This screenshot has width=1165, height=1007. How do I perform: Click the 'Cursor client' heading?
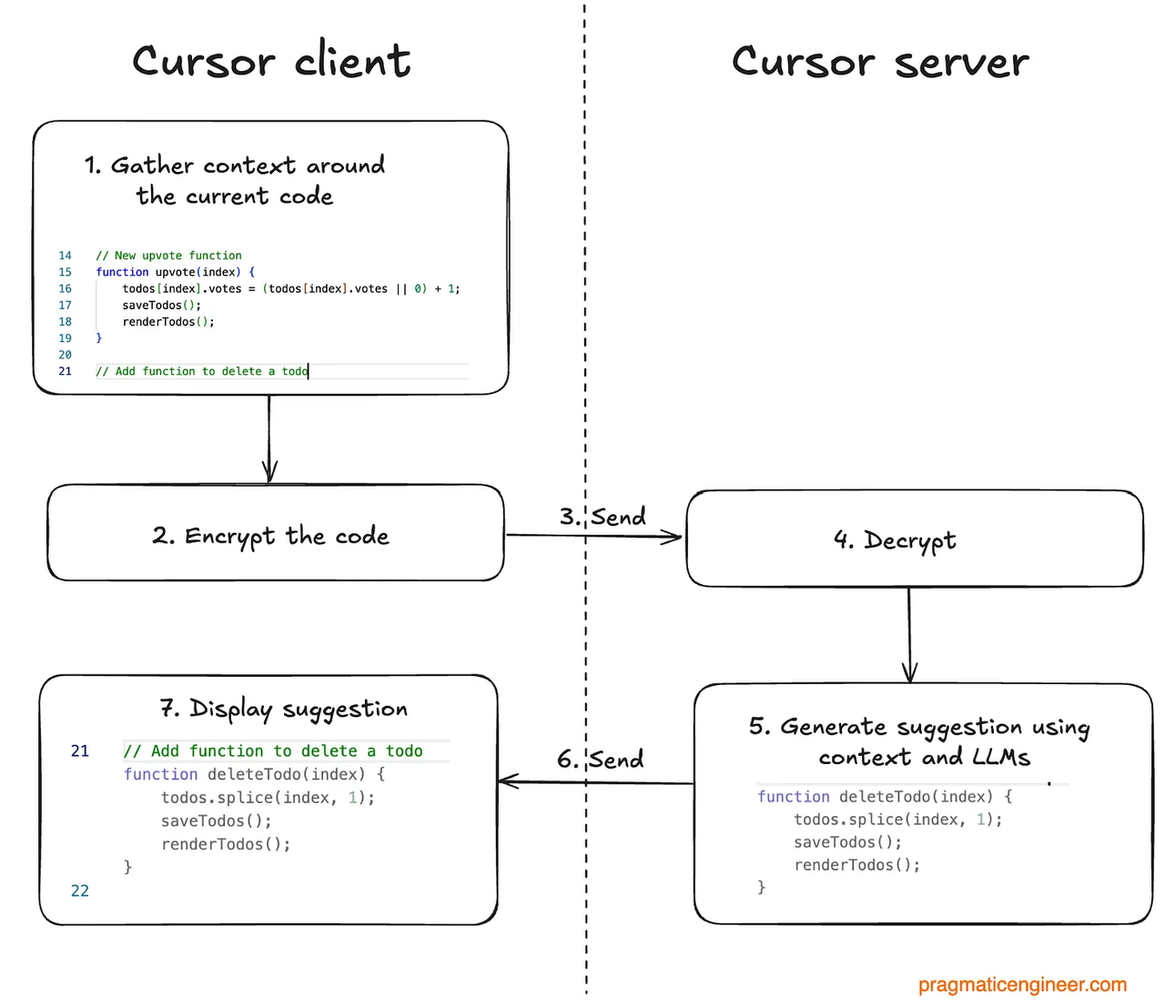(x=271, y=62)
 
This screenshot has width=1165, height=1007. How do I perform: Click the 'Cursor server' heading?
(x=880, y=62)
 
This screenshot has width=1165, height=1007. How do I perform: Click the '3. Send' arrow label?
(x=603, y=517)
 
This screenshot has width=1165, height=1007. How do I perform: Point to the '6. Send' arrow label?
(x=601, y=759)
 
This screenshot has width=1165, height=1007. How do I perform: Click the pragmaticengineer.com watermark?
(x=1022, y=984)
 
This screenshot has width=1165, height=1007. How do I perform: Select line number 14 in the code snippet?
(x=65, y=256)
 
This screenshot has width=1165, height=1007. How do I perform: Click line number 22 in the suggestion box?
(x=80, y=891)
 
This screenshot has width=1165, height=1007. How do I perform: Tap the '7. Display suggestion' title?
(x=283, y=709)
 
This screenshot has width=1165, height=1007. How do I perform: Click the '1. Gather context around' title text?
(x=235, y=166)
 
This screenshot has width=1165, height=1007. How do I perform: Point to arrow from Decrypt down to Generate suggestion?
(x=909, y=634)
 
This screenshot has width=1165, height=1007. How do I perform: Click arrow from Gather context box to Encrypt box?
(x=269, y=438)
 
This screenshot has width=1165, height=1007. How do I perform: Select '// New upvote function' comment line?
(x=168, y=256)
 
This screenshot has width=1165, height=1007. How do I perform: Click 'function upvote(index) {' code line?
(x=175, y=272)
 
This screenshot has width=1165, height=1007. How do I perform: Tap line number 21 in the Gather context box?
(x=65, y=371)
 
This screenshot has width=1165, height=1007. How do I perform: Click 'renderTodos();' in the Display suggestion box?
(x=226, y=844)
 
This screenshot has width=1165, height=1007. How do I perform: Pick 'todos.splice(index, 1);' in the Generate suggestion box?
(x=897, y=820)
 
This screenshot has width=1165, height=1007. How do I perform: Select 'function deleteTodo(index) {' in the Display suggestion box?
(x=254, y=774)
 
